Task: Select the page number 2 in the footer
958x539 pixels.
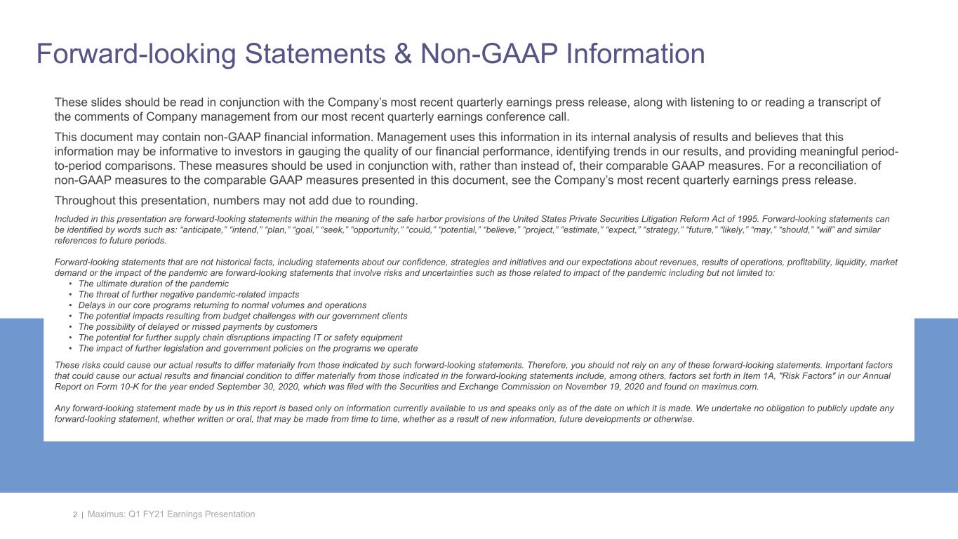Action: [x=75, y=515]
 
